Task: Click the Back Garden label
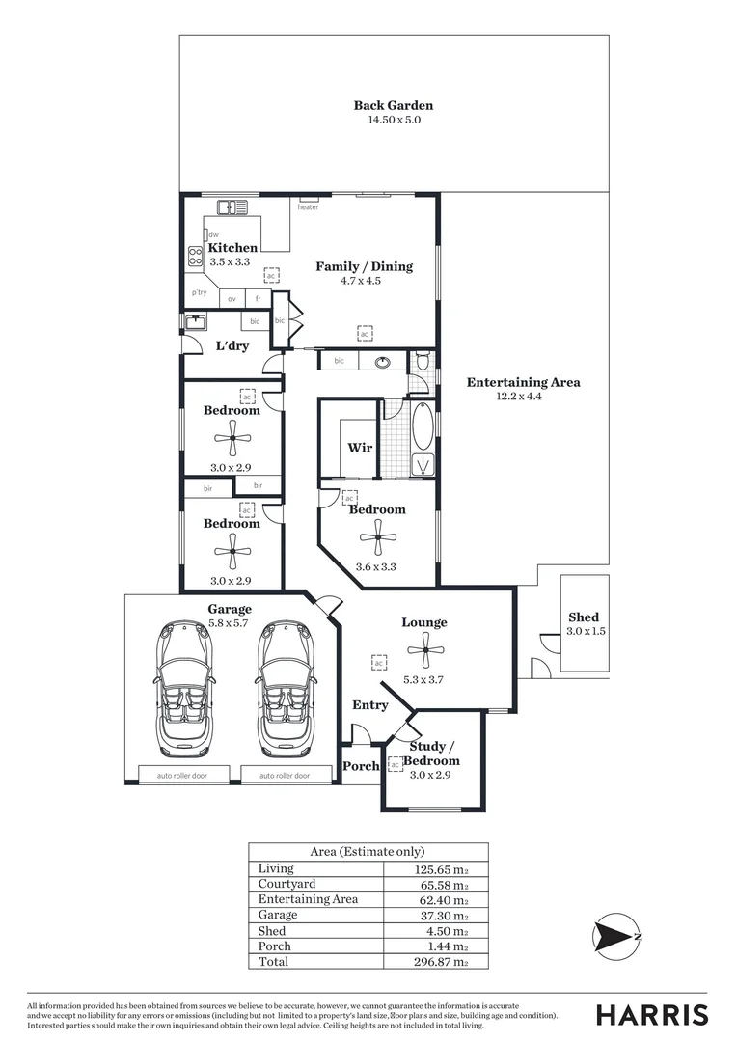click(x=393, y=106)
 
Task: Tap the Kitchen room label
click(x=232, y=248)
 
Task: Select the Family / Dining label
click(x=364, y=266)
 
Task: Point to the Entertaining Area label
click(x=523, y=382)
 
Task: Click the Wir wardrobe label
click(x=360, y=448)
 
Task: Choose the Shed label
click(x=583, y=617)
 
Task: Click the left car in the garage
click(x=183, y=690)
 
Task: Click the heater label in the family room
click(x=308, y=207)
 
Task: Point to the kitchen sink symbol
click(x=232, y=206)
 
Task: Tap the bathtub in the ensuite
click(x=423, y=426)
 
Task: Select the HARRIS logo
click(x=651, y=1015)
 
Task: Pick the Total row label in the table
click(x=273, y=962)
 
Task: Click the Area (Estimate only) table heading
click(x=368, y=852)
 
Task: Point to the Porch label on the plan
click(x=361, y=766)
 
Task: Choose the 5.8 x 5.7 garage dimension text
click(x=230, y=624)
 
